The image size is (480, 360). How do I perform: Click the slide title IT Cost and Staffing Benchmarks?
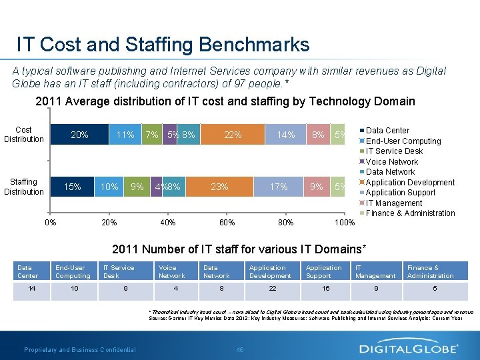[163, 45]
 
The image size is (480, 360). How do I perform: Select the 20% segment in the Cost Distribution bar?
[79, 135]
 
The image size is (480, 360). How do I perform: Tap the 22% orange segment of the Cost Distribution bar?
[233, 135]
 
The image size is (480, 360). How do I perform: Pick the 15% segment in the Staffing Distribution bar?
[72, 187]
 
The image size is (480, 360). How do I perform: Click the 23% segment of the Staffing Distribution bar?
[220, 187]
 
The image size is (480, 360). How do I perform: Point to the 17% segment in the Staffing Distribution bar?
[279, 187]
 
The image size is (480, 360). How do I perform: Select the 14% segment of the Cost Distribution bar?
[286, 135]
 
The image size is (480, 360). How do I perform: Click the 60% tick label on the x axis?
[227, 223]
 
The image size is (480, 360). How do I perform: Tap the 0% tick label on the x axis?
[50, 223]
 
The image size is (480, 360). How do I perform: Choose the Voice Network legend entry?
[392, 161]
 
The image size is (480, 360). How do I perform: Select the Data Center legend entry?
[387, 131]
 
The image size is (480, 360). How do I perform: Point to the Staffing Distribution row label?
[24, 187]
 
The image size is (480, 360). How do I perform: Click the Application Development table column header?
[270, 271]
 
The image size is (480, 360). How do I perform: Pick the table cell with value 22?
[271, 288]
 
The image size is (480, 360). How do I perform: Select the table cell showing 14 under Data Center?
[31, 288]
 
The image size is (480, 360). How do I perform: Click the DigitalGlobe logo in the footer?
[409, 348]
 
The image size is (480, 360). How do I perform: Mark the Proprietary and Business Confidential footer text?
[80, 349]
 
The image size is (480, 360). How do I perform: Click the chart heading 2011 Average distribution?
[225, 101]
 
